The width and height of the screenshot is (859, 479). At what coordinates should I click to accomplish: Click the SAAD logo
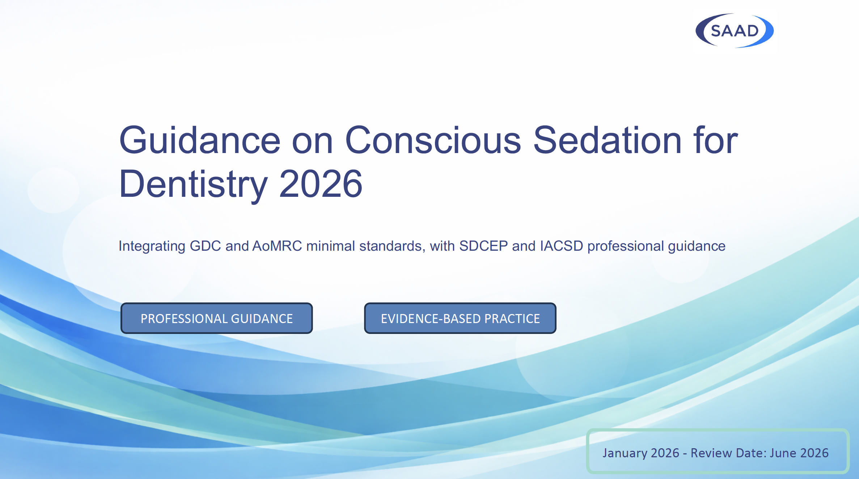tap(735, 31)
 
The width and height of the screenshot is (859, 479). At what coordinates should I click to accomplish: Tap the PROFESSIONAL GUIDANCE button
tap(216, 318)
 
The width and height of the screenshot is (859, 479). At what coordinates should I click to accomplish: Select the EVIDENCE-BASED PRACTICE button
tap(460, 318)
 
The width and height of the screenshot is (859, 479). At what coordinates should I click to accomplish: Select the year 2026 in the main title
tap(321, 185)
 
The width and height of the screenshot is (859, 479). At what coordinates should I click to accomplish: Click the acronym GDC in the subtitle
tap(205, 246)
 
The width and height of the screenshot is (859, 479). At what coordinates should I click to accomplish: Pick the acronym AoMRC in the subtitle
tap(277, 246)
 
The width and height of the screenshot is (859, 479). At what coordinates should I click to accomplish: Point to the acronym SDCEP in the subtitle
tap(483, 246)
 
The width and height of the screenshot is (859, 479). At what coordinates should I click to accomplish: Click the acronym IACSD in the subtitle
tap(561, 246)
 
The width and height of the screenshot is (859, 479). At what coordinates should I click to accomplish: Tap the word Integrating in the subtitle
tap(152, 246)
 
